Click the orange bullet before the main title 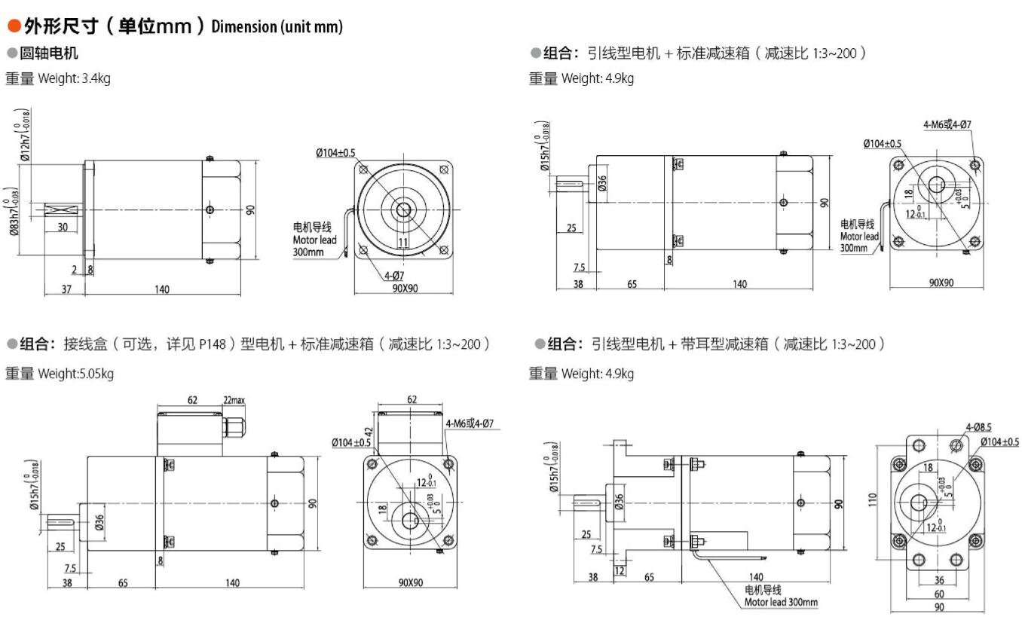pos(14,26)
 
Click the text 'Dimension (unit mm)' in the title pos(277,27)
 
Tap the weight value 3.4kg pos(96,78)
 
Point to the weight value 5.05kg pos(96,374)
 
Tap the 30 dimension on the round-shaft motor pos(62,228)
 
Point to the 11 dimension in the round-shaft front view pos(402,242)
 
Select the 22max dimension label pos(234,400)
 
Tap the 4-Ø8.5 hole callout pos(979,427)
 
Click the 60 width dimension pos(938,594)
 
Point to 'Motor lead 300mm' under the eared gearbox pos(781,601)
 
